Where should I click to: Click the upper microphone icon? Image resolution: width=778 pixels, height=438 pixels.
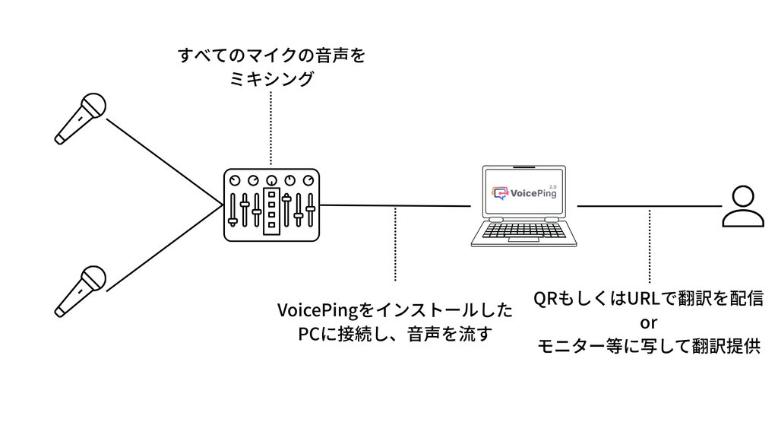80,118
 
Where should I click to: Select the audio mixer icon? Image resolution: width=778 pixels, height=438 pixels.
271,205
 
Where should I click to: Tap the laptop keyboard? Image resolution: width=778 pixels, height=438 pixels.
523,230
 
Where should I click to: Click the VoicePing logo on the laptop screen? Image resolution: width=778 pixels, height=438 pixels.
523,192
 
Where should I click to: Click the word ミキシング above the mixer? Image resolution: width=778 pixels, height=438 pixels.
271,79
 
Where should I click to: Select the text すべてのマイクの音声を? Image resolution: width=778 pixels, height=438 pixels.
271,56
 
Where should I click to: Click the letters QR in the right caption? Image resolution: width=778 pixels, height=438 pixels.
545,298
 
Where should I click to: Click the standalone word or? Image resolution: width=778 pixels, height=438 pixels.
649,322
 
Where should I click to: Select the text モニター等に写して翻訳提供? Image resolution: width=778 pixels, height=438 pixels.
649,347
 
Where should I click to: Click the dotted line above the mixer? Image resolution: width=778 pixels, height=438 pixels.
271,129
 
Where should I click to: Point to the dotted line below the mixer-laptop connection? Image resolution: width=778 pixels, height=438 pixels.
395,243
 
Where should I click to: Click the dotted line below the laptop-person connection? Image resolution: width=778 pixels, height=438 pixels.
649,243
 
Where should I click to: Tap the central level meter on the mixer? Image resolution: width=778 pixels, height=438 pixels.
271,209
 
